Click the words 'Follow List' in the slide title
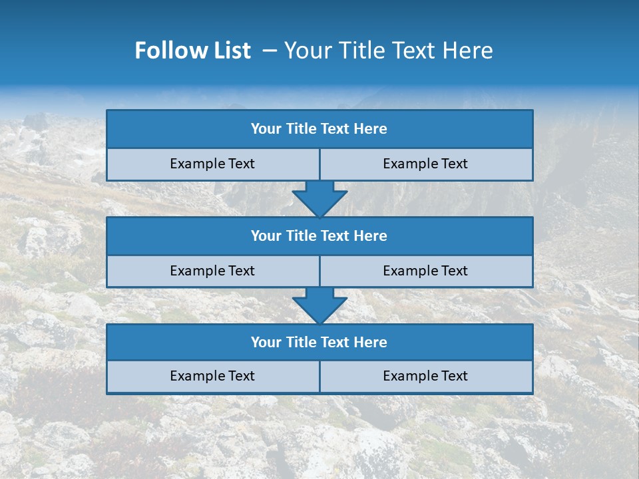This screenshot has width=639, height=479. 193,51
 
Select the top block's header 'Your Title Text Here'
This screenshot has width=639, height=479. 319,129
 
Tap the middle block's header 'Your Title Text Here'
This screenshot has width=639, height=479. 319,236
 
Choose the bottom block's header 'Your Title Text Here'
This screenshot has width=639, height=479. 319,342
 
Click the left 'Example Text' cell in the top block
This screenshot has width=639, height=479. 212,164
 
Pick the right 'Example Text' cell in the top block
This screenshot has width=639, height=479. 425,164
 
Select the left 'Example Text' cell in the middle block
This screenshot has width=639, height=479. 212,271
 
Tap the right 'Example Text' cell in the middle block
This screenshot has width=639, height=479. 425,271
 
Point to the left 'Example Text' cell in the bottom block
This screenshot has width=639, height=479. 212,376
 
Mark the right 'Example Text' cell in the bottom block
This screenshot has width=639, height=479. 425,376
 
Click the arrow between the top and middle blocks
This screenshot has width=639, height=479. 319,199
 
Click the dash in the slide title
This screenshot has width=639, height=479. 270,51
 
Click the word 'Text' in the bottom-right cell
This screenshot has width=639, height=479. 454,376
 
